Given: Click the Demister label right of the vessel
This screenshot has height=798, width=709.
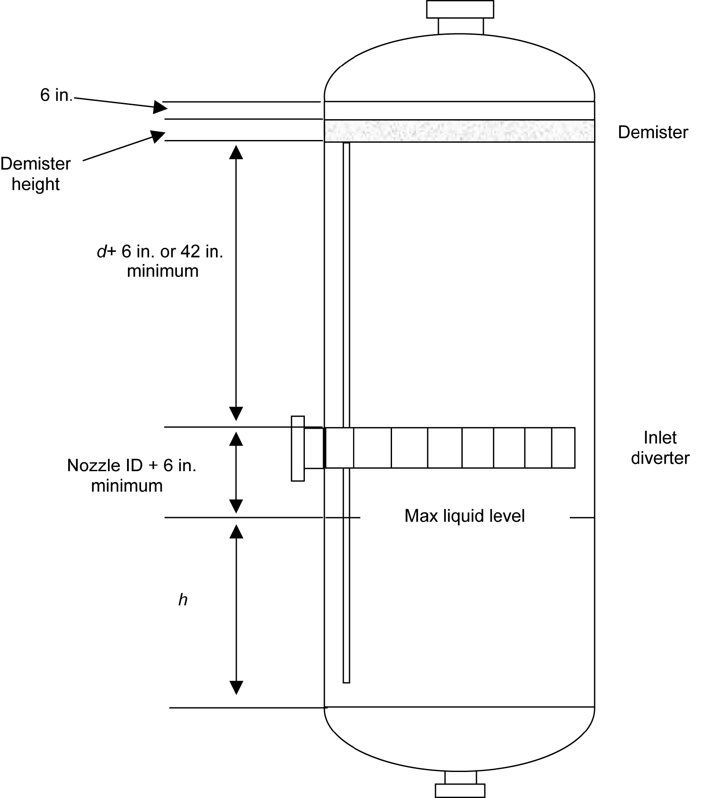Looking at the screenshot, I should tap(653, 132).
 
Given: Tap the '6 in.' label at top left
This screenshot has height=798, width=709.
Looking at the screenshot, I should tap(56, 95).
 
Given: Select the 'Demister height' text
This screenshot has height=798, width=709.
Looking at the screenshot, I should tap(36, 174).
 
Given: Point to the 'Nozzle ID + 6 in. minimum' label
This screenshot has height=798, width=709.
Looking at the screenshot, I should tap(131, 475).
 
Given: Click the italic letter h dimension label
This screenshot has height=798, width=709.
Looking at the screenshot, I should tap(183, 600).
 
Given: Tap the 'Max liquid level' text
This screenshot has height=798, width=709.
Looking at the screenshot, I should tap(464, 516).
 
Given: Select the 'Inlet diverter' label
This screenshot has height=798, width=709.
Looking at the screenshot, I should tap(660, 448).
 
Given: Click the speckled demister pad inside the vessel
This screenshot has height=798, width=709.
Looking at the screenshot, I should tap(460, 131).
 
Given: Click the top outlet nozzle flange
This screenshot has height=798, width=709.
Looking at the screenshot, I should tap(460, 9).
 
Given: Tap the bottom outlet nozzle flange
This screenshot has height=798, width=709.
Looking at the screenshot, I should tap(460, 791).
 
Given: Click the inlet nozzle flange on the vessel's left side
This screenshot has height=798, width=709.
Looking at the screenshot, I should tap(297, 448).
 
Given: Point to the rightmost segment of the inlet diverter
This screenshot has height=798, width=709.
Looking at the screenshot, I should tap(563, 448).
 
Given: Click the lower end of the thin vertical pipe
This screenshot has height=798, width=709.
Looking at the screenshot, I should tap(346, 680).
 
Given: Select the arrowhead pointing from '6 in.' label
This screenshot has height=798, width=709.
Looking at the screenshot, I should tap(159, 107).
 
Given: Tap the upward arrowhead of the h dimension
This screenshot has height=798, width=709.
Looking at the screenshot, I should tap(236, 531).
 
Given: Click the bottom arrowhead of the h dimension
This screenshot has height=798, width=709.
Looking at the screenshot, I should tap(236, 688).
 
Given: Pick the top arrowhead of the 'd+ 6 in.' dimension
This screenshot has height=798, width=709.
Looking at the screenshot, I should tap(236, 152).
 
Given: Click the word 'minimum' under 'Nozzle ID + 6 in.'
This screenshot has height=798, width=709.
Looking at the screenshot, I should tap(127, 485).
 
